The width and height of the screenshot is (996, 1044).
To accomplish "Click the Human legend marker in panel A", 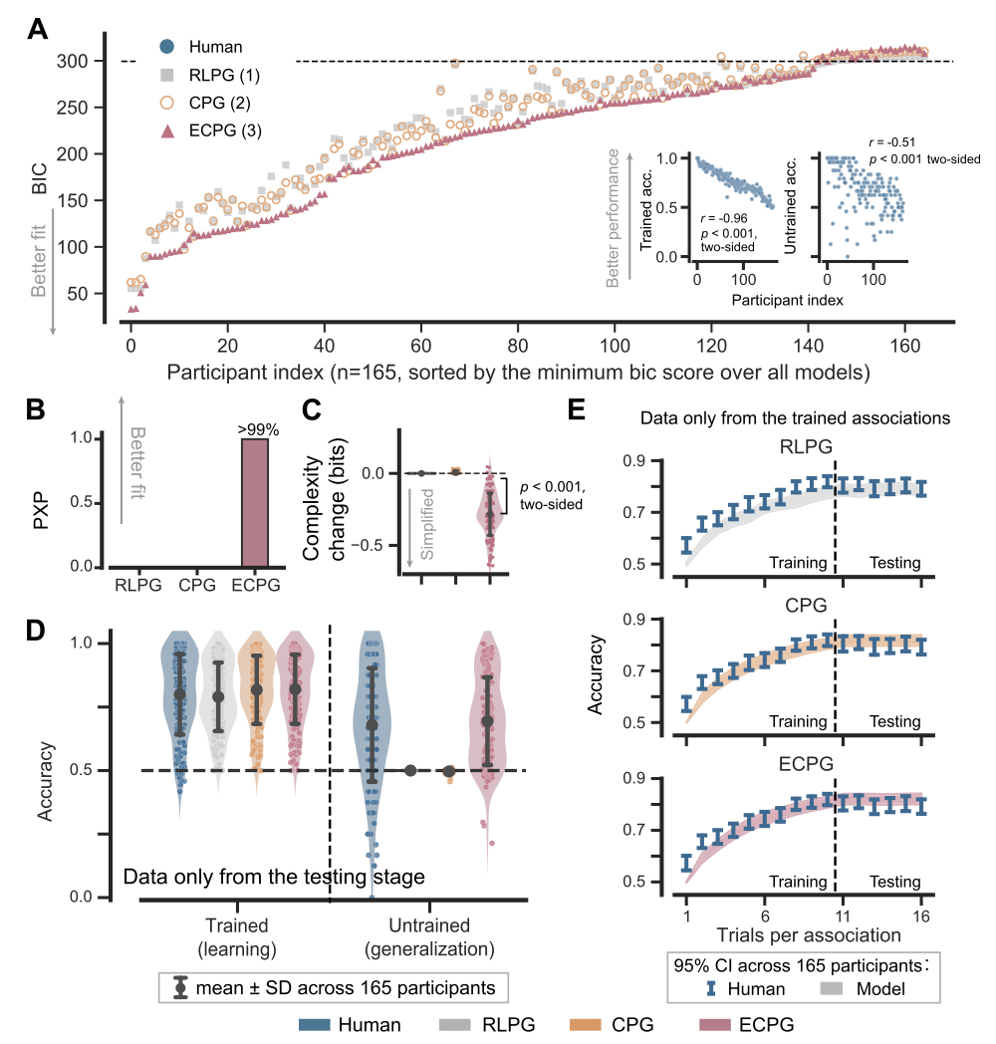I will click(x=167, y=46).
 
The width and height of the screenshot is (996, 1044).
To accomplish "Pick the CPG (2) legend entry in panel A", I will click(x=209, y=102).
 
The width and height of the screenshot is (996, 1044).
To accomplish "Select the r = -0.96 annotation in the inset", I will click(x=723, y=217).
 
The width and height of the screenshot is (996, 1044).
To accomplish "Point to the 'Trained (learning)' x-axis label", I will click(x=241, y=935).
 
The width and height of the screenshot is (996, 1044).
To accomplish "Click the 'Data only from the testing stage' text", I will click(x=274, y=878).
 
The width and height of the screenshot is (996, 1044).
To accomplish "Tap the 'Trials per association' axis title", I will click(x=807, y=934).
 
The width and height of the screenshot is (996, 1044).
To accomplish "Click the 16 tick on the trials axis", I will click(x=920, y=914).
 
